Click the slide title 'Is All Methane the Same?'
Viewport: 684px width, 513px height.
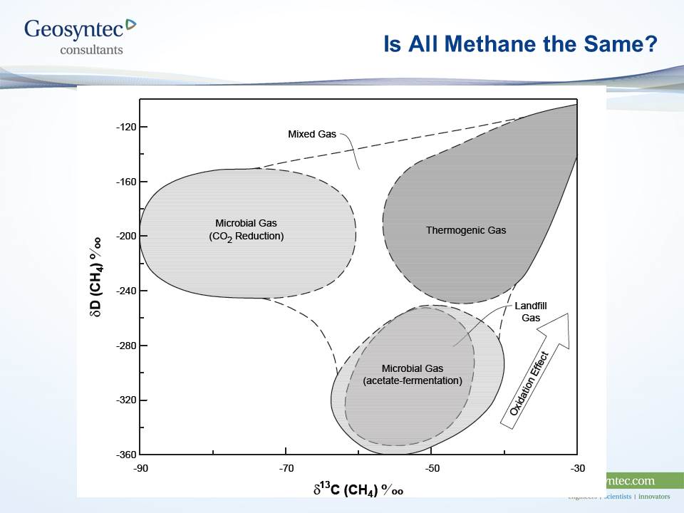click(x=519, y=44)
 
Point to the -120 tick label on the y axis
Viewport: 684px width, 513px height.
click(x=126, y=128)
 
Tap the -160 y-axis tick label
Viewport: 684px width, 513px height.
click(x=126, y=182)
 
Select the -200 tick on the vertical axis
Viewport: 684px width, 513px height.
click(x=126, y=237)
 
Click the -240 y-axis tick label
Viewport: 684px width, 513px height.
click(x=126, y=291)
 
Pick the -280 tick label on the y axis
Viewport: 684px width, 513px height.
click(x=126, y=346)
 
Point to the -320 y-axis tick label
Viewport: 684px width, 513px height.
click(x=126, y=400)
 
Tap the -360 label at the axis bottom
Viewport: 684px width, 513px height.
click(x=126, y=455)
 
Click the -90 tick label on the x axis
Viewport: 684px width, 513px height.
click(x=140, y=468)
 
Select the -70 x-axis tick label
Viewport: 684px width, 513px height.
click(x=286, y=468)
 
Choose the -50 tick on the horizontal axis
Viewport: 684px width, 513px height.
click(x=432, y=468)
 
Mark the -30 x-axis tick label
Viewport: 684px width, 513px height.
click(x=577, y=468)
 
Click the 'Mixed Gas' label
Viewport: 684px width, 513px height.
click(x=311, y=134)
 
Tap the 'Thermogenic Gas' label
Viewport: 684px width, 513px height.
click(x=466, y=230)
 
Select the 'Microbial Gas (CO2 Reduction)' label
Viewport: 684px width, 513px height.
click(x=241, y=229)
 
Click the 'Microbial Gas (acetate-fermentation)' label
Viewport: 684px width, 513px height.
click(x=413, y=375)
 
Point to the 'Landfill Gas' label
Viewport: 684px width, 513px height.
click(x=531, y=312)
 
